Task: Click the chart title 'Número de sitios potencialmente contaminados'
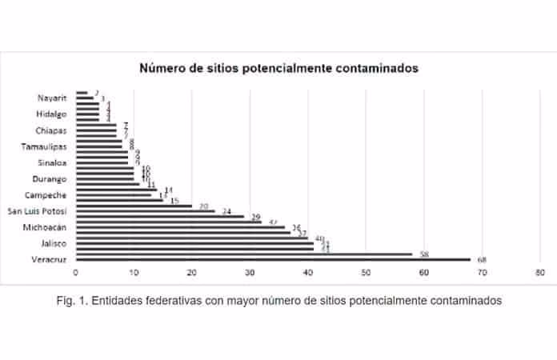click(x=278, y=69)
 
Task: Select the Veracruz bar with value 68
click(x=272, y=259)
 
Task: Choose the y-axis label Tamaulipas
click(x=46, y=146)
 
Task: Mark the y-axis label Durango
click(x=53, y=178)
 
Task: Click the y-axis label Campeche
click(x=50, y=195)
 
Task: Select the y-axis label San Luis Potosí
click(x=38, y=211)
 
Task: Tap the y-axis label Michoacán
click(x=48, y=227)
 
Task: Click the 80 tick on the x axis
click(x=540, y=274)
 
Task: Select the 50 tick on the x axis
click(x=366, y=274)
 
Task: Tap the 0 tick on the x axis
click(x=75, y=274)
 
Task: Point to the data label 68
click(x=481, y=260)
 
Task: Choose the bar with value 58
click(x=244, y=254)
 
